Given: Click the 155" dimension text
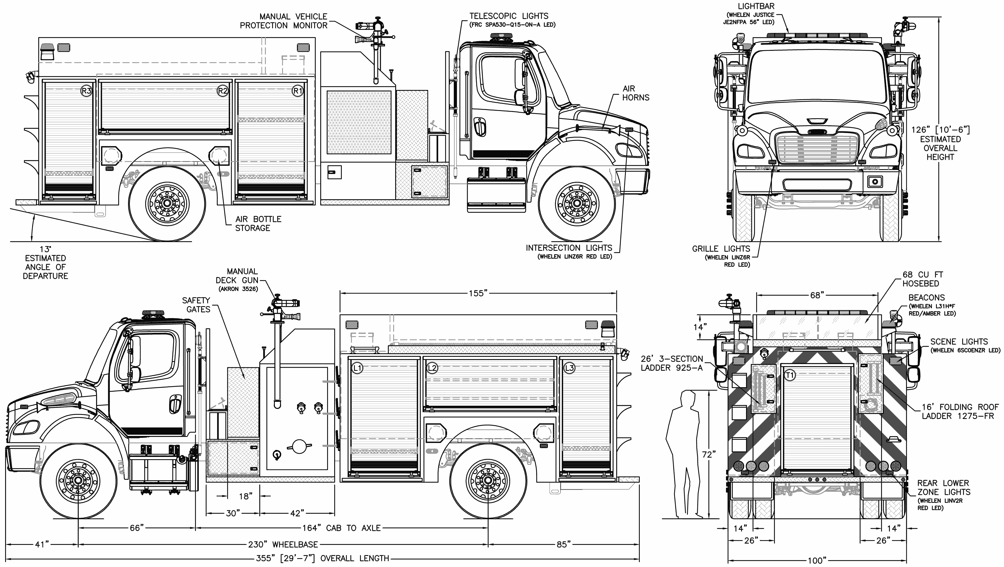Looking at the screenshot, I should click(x=478, y=293).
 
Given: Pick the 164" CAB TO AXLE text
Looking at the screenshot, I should click(x=341, y=528).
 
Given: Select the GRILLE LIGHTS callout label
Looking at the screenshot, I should click(x=721, y=249).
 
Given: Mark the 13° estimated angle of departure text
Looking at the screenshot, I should click(x=45, y=262).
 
